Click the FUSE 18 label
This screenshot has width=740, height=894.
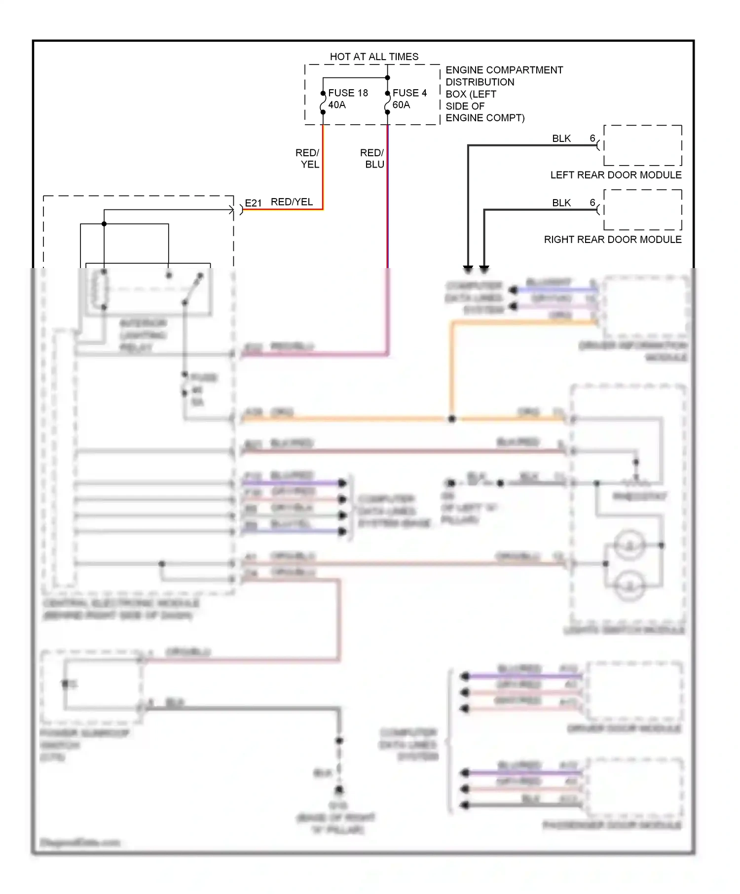coord(348,93)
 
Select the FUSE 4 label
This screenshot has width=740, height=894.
coord(409,93)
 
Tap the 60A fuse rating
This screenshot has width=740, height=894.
coord(401,105)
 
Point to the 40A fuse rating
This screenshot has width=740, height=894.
coord(337,105)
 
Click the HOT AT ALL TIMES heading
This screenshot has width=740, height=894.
coord(374,57)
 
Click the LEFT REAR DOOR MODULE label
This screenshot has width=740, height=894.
coord(616,175)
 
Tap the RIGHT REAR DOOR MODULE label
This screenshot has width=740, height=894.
coord(612,240)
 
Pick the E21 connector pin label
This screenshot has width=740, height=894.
coord(253,203)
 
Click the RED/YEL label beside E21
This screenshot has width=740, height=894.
coord(292,202)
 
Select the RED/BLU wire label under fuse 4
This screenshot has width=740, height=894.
coord(373,159)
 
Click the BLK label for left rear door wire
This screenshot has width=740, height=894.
coord(561,139)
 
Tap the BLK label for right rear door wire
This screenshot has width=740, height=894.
coord(561,203)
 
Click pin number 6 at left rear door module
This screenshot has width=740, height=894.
coord(592,138)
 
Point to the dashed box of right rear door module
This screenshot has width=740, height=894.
coord(643,210)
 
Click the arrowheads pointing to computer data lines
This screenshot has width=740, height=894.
coord(476,269)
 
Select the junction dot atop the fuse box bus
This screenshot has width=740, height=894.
coord(388,78)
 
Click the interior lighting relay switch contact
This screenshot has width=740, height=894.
coord(193,288)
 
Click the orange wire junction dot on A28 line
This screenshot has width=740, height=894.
coord(452,419)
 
